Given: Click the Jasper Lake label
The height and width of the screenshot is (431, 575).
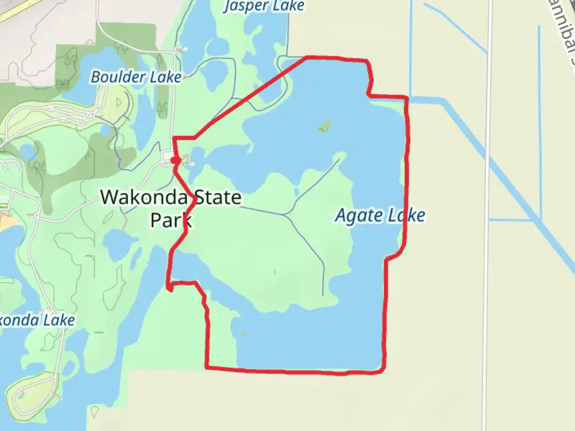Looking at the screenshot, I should click(264, 6).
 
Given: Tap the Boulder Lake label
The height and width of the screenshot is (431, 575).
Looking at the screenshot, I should click(136, 77).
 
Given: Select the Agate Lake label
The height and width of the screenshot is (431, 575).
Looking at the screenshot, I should click(380, 216).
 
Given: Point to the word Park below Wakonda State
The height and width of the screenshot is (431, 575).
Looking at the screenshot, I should click(171, 220).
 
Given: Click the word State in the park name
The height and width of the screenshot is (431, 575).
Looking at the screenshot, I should click(217, 197).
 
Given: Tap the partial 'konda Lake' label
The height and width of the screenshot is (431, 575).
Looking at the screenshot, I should click(38, 320).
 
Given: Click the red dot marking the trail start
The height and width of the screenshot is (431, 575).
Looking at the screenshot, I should click(175, 160).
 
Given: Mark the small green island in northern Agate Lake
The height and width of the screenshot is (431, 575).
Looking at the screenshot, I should click(324, 127).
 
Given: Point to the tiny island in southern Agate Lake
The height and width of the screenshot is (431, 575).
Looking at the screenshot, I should click(244, 334).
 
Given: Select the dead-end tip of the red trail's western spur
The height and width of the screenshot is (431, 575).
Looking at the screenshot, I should click(170, 290).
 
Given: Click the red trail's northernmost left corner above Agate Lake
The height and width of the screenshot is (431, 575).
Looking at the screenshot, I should click(307, 58).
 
